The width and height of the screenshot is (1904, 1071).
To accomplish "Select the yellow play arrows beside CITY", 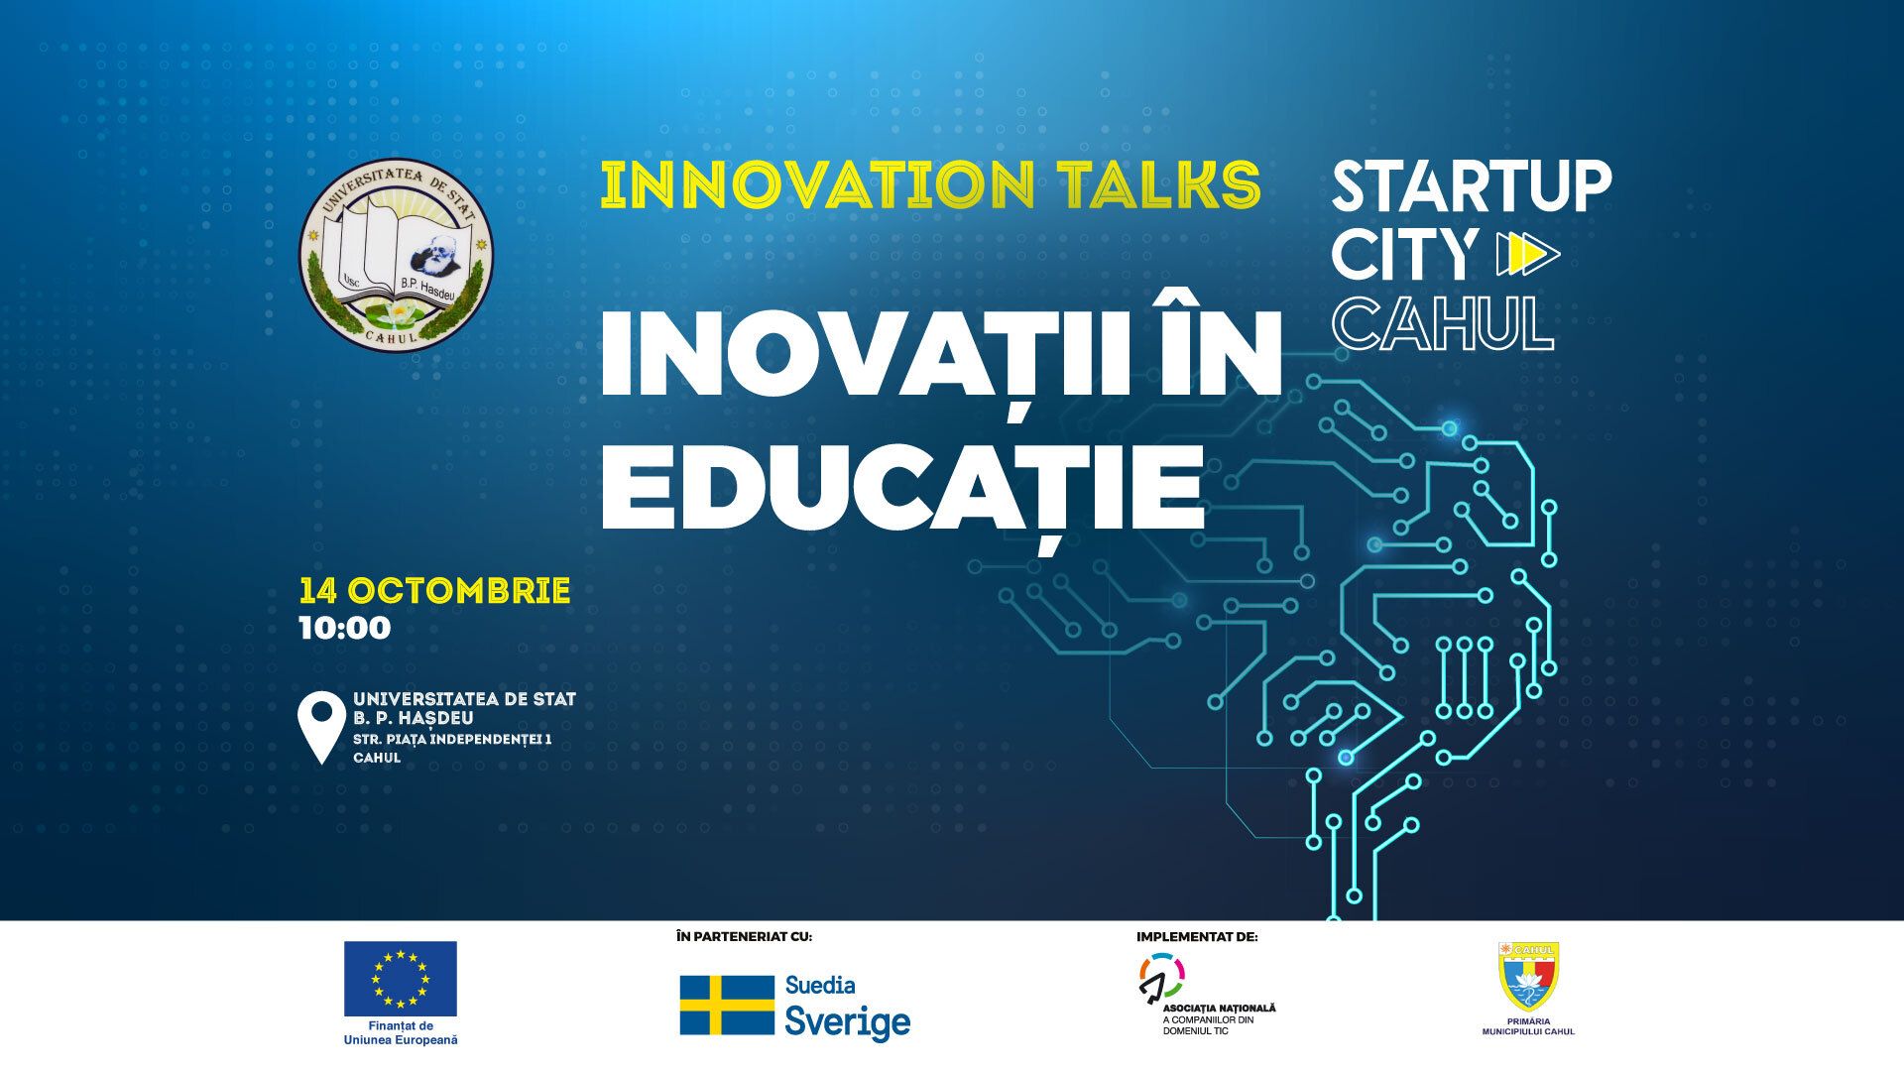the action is click(1523, 255).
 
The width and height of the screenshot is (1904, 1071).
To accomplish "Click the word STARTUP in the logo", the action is click(1472, 187).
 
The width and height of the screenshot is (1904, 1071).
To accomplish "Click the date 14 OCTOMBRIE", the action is click(434, 592).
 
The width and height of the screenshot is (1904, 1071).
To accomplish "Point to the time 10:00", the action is click(345, 628).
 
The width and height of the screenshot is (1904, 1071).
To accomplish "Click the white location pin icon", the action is click(322, 728).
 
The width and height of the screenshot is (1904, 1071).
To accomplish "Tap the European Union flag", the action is click(401, 978).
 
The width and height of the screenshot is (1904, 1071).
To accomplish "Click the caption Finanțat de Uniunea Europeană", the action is click(401, 1032).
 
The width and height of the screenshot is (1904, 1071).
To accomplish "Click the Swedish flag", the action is click(727, 1005).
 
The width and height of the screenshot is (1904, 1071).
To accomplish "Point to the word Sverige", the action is click(848, 1021).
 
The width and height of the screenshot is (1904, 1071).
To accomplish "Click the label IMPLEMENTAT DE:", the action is click(1197, 936).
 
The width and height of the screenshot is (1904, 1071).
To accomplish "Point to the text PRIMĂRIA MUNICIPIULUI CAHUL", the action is click(1528, 1026).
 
